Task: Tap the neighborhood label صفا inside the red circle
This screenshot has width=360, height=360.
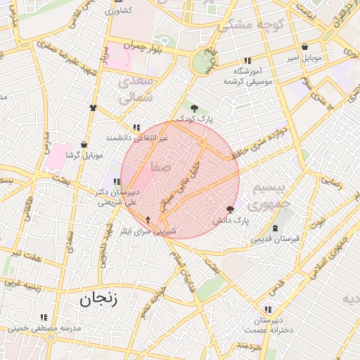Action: pos(159,167)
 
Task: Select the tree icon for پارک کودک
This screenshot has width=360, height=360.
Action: pos(195,108)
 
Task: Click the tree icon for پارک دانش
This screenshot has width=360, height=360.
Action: pos(230,210)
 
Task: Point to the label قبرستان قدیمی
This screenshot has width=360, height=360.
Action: pos(276,239)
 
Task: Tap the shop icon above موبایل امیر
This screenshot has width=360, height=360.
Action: pos(304,47)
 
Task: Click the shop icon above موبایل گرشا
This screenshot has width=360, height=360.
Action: pos(84,144)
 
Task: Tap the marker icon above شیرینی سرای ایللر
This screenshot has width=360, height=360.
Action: pos(148,220)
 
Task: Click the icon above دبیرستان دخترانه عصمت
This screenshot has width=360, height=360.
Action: pos(267,309)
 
